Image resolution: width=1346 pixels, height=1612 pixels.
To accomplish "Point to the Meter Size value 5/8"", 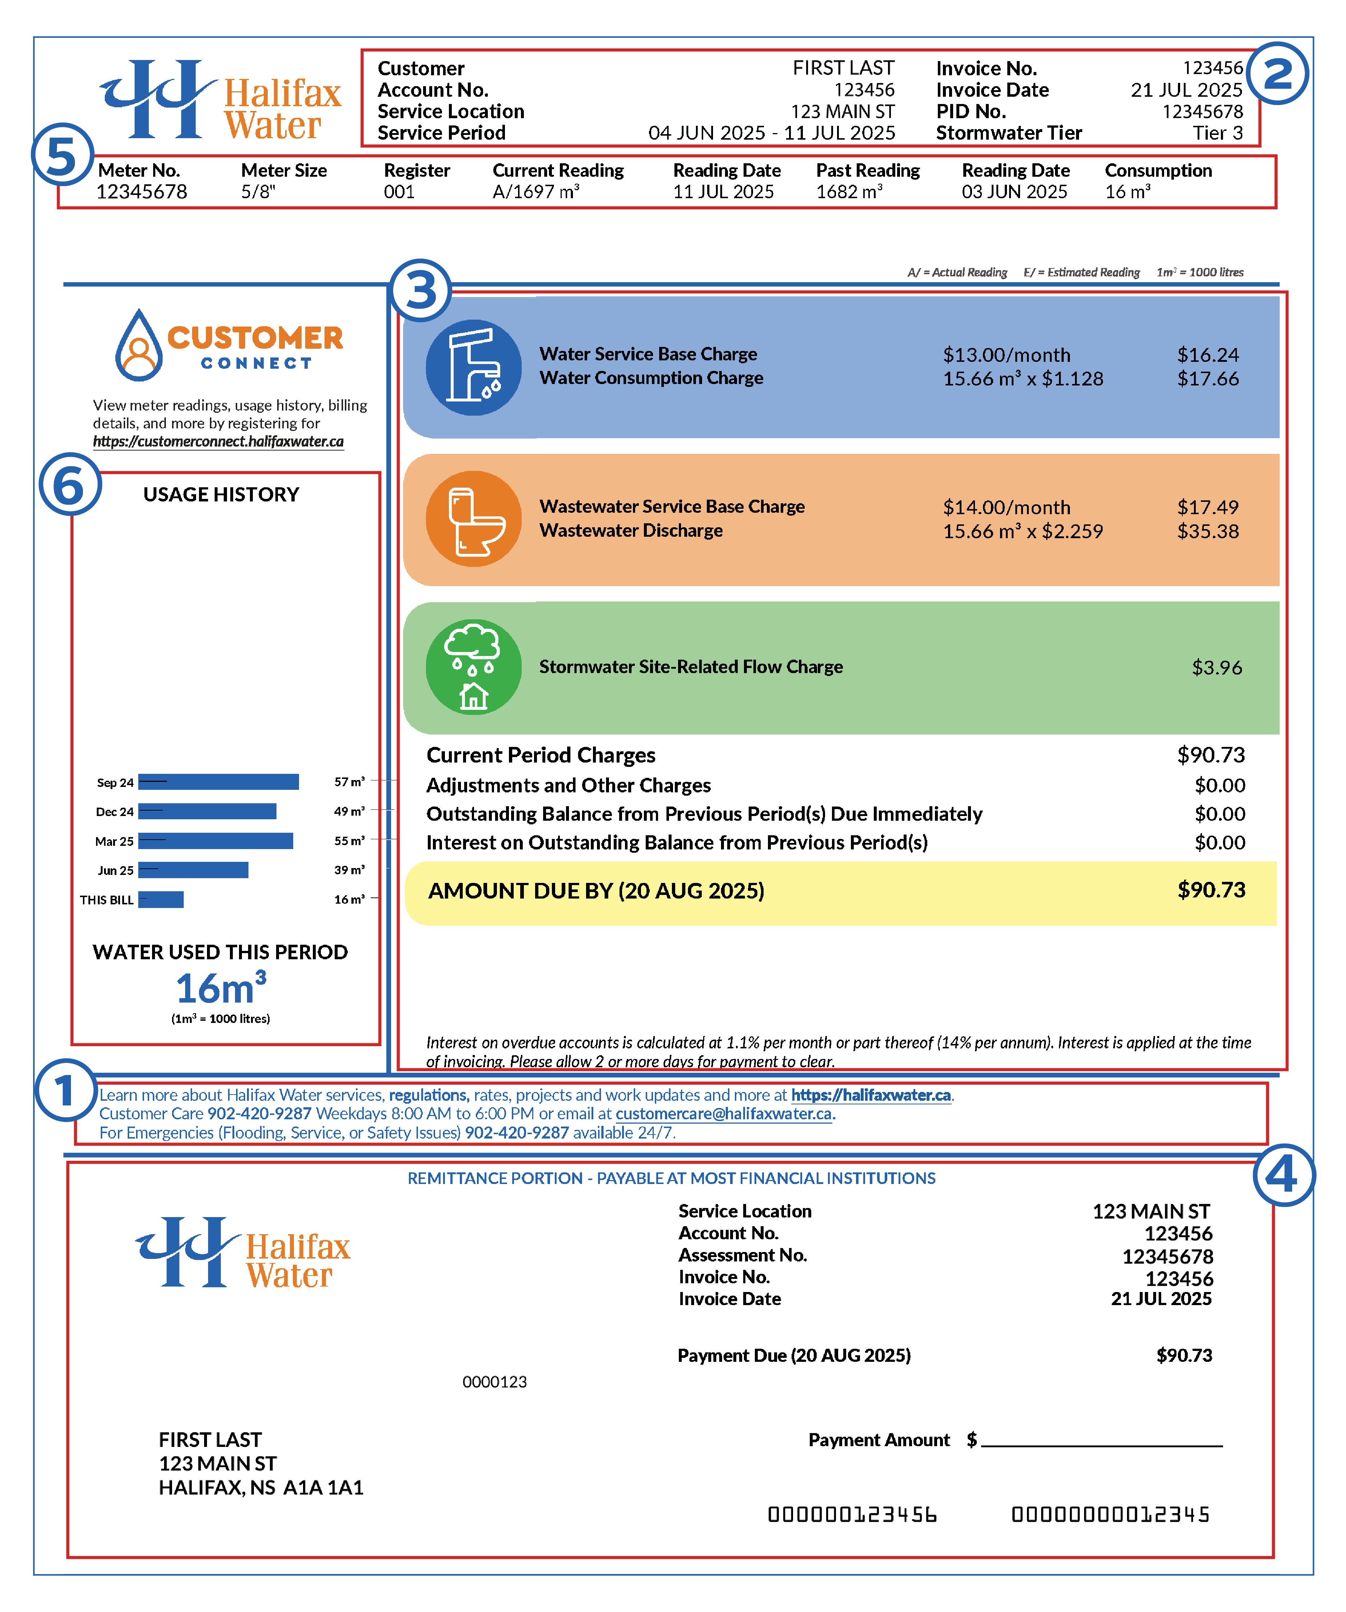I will (258, 192).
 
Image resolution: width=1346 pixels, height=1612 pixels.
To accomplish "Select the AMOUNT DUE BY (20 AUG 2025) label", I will (596, 891).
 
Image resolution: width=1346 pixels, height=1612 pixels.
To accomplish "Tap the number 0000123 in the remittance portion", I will (494, 1382).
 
